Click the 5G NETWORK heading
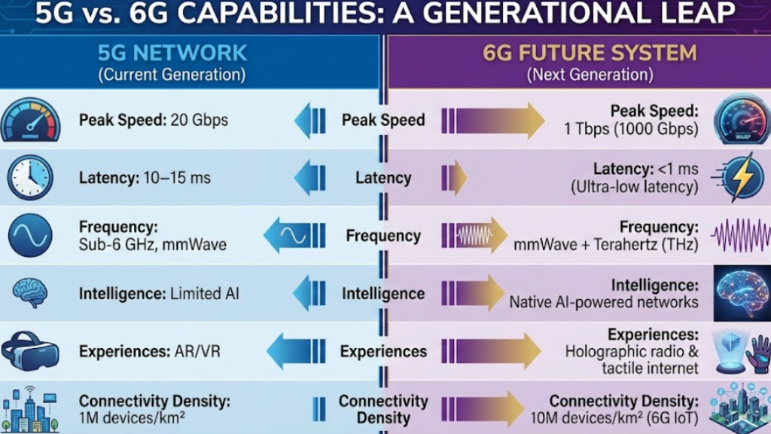click(x=172, y=52)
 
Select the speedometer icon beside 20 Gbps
click(x=29, y=121)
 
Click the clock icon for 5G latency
click(x=29, y=178)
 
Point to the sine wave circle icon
click(x=30, y=235)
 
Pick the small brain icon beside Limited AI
click(x=31, y=292)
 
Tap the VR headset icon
click(x=30, y=350)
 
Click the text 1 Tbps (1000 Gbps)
click(x=631, y=129)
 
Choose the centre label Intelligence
click(x=383, y=293)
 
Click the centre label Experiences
click(x=383, y=351)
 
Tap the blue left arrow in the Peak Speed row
click(x=309, y=121)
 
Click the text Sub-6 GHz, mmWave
click(x=153, y=244)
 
